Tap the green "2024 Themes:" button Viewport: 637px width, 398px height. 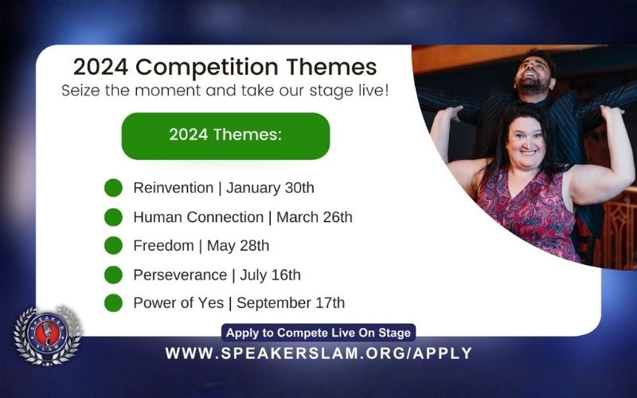(225, 135)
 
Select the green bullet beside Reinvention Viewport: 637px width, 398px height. (114, 189)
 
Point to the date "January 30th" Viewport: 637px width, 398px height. (271, 189)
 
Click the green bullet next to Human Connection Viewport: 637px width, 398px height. (114, 217)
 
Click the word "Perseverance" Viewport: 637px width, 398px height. (180, 275)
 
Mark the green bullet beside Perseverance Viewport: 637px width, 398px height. (114, 275)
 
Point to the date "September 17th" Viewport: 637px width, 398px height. (291, 303)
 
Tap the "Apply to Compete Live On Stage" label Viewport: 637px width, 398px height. (318, 333)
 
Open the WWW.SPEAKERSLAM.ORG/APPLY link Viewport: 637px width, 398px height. (318, 353)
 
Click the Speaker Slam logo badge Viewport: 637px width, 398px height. (47, 335)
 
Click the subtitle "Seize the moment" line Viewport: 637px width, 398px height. (225, 90)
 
